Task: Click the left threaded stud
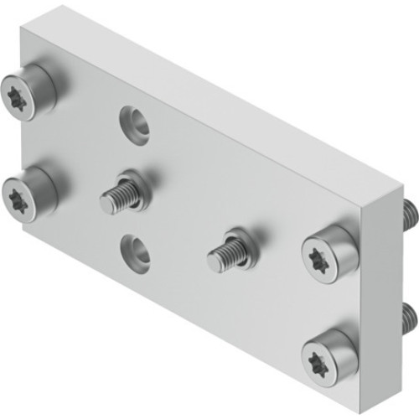pyautogui.click(x=121, y=194)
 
